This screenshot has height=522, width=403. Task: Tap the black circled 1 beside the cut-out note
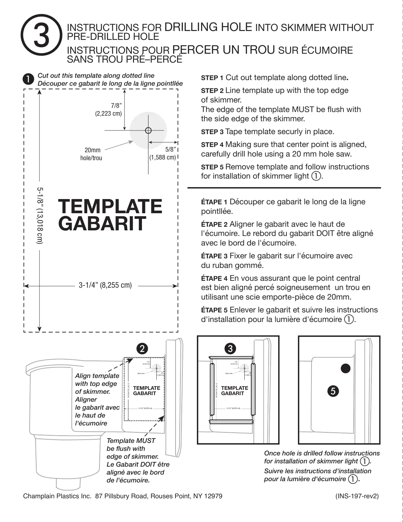28,79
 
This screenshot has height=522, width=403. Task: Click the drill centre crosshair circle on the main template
148,130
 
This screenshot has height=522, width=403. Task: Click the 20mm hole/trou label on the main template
91,154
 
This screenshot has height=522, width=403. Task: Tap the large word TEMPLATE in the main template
110,206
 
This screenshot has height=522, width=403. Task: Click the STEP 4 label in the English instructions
212,145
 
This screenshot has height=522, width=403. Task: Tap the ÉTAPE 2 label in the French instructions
214,225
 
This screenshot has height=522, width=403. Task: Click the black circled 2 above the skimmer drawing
143,348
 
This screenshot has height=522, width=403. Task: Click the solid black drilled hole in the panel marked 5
345,369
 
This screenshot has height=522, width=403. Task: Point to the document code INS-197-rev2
357,496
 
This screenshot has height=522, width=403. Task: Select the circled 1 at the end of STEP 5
315,176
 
